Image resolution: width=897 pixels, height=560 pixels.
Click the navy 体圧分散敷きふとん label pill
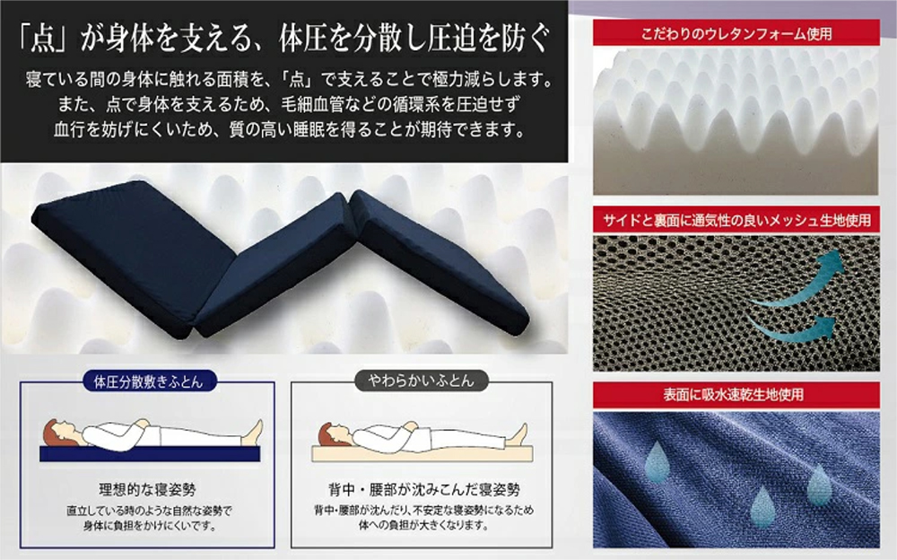[148, 381]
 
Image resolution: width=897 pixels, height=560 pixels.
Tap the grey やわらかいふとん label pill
[422, 381]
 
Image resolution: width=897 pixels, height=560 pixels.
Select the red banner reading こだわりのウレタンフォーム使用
[736, 33]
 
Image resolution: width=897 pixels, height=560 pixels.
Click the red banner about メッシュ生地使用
[736, 220]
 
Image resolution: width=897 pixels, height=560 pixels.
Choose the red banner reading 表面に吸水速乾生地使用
[736, 395]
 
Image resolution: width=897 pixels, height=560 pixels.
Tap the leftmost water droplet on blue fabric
[658, 461]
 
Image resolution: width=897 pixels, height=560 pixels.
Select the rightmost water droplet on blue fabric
[819, 485]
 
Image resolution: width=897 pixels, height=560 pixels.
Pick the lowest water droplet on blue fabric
[762, 507]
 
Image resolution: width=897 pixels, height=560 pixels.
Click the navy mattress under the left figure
[150, 454]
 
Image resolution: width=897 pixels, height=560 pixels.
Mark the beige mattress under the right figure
[422, 453]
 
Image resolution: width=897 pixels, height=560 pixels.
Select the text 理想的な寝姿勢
[148, 490]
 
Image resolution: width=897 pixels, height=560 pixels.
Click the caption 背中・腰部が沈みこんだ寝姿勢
[424, 490]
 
